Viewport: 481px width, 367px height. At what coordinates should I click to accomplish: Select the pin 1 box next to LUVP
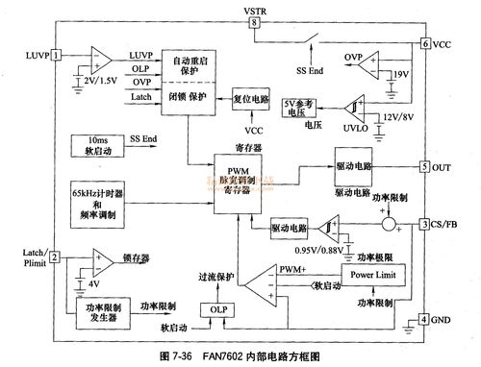tap(57, 55)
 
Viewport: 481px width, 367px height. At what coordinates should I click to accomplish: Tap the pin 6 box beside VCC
tap(424, 44)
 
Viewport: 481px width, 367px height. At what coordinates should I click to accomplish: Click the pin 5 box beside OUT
tap(424, 166)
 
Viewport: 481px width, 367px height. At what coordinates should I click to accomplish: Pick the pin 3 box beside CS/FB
tap(424, 225)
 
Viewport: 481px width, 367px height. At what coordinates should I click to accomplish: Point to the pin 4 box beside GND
tap(424, 320)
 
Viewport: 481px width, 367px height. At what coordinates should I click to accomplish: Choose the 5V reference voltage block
tap(298, 108)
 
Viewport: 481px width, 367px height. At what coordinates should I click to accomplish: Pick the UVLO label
tap(356, 124)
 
